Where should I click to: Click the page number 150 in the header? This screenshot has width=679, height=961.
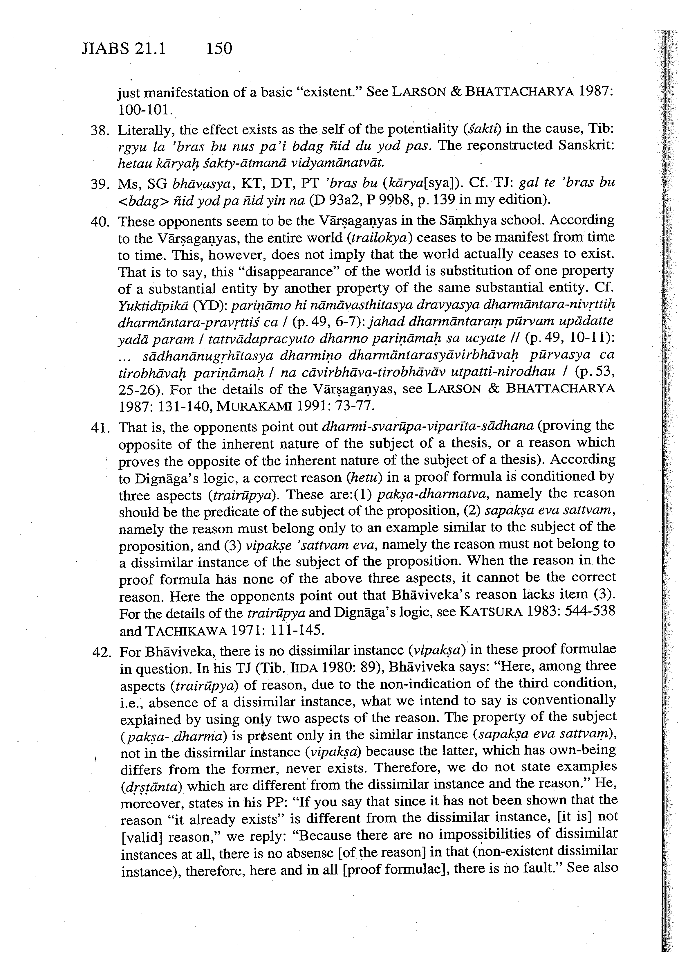pos(219,49)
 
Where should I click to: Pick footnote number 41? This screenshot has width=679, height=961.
pos(100,428)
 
